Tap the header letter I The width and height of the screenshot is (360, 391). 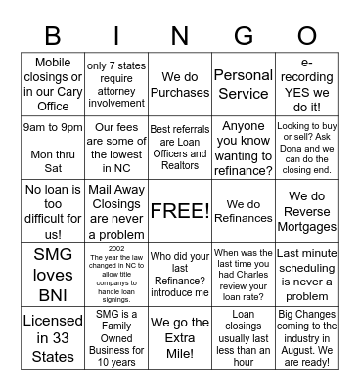tap(115, 36)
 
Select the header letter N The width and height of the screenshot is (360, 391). tap(180, 36)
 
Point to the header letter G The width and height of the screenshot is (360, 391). tap(244, 36)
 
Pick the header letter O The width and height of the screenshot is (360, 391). tap(308, 36)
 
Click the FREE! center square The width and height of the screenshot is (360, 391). tap(180, 211)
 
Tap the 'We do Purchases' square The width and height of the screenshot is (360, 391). tap(180, 85)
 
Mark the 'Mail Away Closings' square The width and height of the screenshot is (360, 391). tap(115, 211)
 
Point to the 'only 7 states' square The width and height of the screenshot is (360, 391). tap(115, 84)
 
